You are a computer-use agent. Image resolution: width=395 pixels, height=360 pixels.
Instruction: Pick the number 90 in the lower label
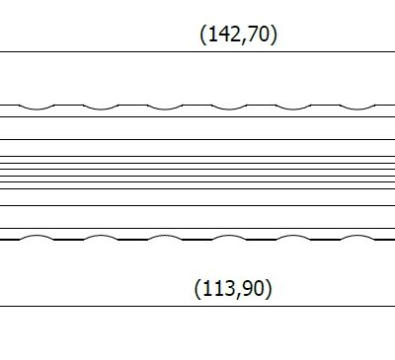[254, 288]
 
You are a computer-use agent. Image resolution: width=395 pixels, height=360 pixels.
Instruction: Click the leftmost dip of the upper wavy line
[37, 108]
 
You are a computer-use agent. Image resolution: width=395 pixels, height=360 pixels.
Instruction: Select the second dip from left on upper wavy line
[101, 108]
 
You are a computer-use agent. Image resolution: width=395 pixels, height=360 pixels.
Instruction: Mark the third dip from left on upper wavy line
[165, 108]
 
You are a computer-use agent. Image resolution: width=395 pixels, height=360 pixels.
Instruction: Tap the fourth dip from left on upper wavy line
[229, 108]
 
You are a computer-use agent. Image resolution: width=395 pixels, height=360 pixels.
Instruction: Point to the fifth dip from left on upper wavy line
[293, 108]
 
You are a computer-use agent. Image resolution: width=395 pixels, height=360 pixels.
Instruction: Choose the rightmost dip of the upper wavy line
[357, 108]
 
